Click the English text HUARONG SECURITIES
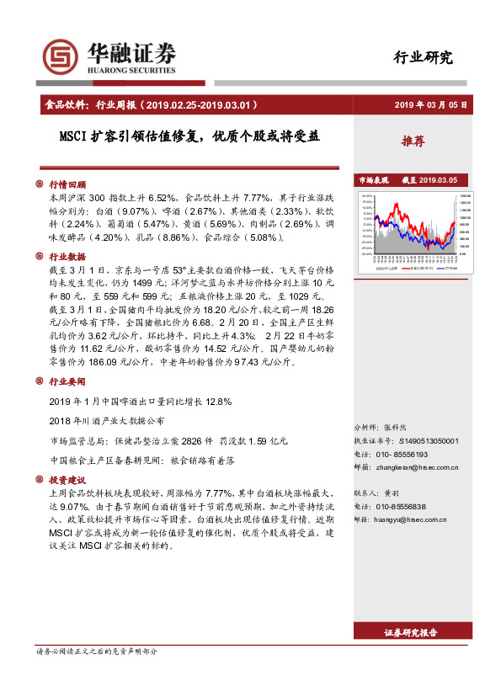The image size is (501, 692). coord(131,72)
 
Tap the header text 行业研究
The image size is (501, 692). coord(423,57)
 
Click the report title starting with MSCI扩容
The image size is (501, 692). coord(189,136)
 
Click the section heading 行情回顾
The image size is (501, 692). coord(67,184)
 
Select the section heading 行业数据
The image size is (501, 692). coord(67,257)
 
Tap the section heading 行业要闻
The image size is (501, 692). coord(67,381)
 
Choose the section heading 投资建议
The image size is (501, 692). coord(67,479)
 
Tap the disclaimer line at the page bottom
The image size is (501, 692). coord(97,675)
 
